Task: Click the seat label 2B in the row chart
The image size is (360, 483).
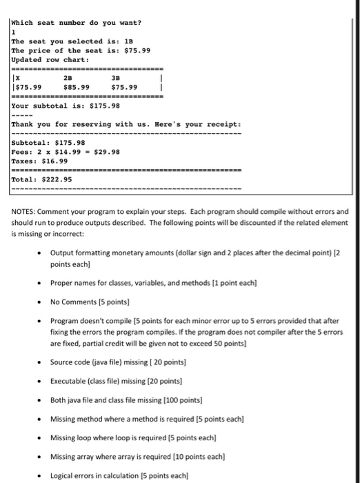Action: pyautogui.click(x=68, y=78)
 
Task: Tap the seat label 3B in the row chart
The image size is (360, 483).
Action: pyautogui.click(x=115, y=78)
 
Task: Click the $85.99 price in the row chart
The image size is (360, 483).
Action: pyautogui.click(x=76, y=87)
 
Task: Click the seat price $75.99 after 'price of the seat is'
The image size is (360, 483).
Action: pyautogui.click(x=136, y=50)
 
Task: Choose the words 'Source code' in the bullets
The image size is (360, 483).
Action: pyautogui.click(x=72, y=363)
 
